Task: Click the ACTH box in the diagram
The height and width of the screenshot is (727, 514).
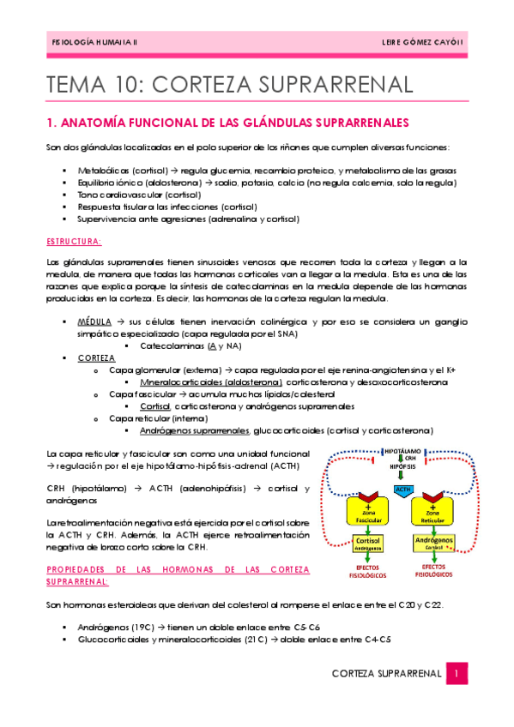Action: pos(402,489)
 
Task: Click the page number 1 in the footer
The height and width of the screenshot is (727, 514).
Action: pos(459,674)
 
